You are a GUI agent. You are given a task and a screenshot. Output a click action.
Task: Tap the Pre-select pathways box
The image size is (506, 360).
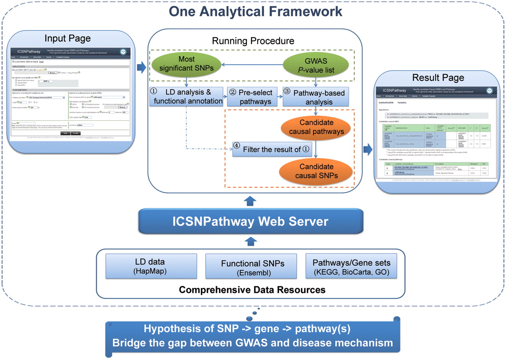[252, 97]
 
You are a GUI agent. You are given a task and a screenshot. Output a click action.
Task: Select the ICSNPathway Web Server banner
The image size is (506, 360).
[250, 221]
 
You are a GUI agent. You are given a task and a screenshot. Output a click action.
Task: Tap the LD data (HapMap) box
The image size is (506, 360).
[151, 266]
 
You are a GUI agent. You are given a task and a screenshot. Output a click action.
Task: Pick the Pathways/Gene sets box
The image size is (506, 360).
[351, 266]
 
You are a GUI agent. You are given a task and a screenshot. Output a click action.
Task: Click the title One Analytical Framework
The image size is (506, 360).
[256, 11]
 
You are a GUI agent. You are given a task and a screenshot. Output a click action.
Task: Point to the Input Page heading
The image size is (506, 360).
[68, 38]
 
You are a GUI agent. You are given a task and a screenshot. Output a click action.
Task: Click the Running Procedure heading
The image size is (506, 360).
[253, 41]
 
